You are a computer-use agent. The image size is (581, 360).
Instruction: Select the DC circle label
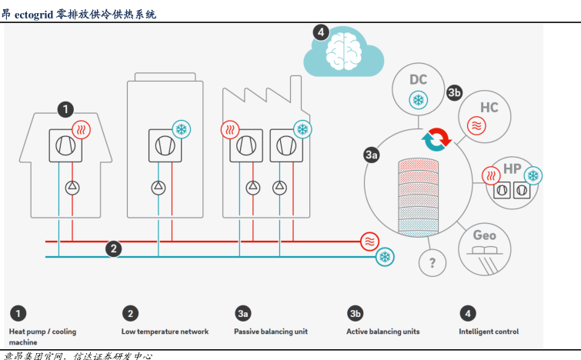click(418, 80)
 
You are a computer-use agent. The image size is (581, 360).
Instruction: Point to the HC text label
click(489, 106)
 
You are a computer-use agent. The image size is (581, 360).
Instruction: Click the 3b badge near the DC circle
click(454, 92)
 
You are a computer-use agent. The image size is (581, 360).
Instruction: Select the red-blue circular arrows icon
click(436, 139)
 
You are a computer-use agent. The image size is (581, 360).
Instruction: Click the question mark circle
click(432, 263)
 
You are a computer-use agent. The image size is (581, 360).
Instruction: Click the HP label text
click(513, 168)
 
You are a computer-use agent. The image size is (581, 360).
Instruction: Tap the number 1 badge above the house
click(67, 109)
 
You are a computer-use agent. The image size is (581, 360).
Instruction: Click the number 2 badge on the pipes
click(114, 248)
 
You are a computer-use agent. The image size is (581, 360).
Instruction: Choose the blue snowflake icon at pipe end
click(385, 257)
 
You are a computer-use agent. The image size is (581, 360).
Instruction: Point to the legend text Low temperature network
click(165, 332)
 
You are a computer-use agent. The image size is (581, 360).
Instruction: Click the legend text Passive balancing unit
click(271, 332)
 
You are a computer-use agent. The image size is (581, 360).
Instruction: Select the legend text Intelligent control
click(489, 332)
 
